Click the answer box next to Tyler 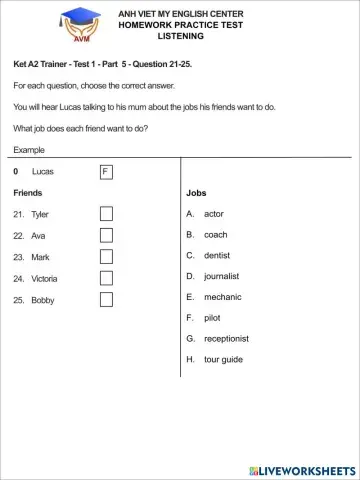(x=106, y=214)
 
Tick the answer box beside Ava (x=106, y=235)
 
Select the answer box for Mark (x=106, y=257)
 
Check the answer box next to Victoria (x=106, y=278)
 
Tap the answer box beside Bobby (x=106, y=300)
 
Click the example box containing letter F (x=105, y=172)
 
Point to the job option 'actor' (x=214, y=214)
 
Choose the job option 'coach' (x=215, y=235)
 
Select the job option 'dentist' (x=217, y=255)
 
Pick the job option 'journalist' (x=221, y=276)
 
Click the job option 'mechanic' (x=222, y=297)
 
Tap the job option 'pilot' (x=212, y=317)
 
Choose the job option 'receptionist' (x=226, y=338)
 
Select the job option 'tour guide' (x=223, y=359)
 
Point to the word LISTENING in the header (x=180, y=36)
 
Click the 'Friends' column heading (x=28, y=192)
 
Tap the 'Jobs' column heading (x=196, y=192)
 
